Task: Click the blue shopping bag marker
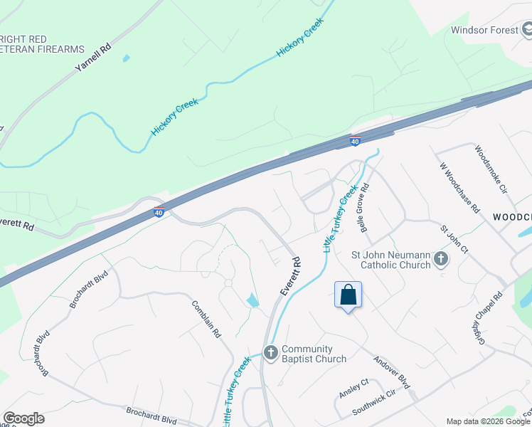[348, 295]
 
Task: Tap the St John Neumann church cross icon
[441, 259]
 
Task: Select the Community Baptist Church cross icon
[270, 353]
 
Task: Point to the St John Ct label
[454, 240]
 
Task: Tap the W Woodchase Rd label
[459, 193]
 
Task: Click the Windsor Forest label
[484, 30]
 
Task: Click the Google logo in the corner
[24, 418]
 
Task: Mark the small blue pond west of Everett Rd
[252, 300]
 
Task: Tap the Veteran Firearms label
[43, 49]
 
